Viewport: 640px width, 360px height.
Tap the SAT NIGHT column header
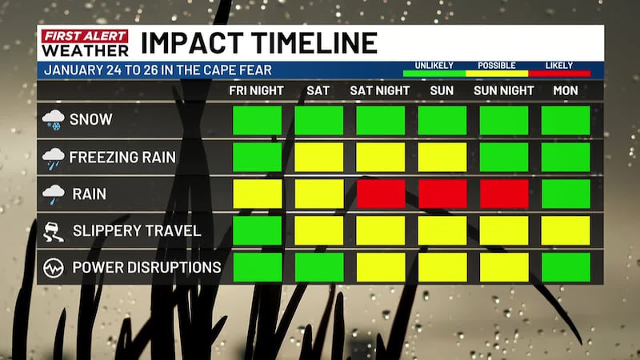pos(381,90)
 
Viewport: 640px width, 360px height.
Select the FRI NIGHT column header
pos(256,90)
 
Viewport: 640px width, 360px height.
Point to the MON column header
pos(566,90)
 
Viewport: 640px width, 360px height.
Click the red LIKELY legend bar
pos(558,74)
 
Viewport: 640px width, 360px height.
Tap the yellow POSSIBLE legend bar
pos(496,74)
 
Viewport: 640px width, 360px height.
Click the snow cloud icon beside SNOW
pos(53,120)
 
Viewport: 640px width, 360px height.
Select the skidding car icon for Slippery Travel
pos(53,231)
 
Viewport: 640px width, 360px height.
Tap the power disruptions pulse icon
pos(53,267)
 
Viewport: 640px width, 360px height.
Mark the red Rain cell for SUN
pos(442,194)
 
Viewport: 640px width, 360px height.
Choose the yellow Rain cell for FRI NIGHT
pos(257,194)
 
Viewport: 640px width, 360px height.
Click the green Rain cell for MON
pos(566,194)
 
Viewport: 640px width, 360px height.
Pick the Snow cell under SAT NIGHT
pos(380,120)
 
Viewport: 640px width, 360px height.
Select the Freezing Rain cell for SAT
pos(318,157)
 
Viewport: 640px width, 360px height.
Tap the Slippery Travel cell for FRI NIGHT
pos(257,230)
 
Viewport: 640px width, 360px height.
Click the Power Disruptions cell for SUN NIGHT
pos(504,267)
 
